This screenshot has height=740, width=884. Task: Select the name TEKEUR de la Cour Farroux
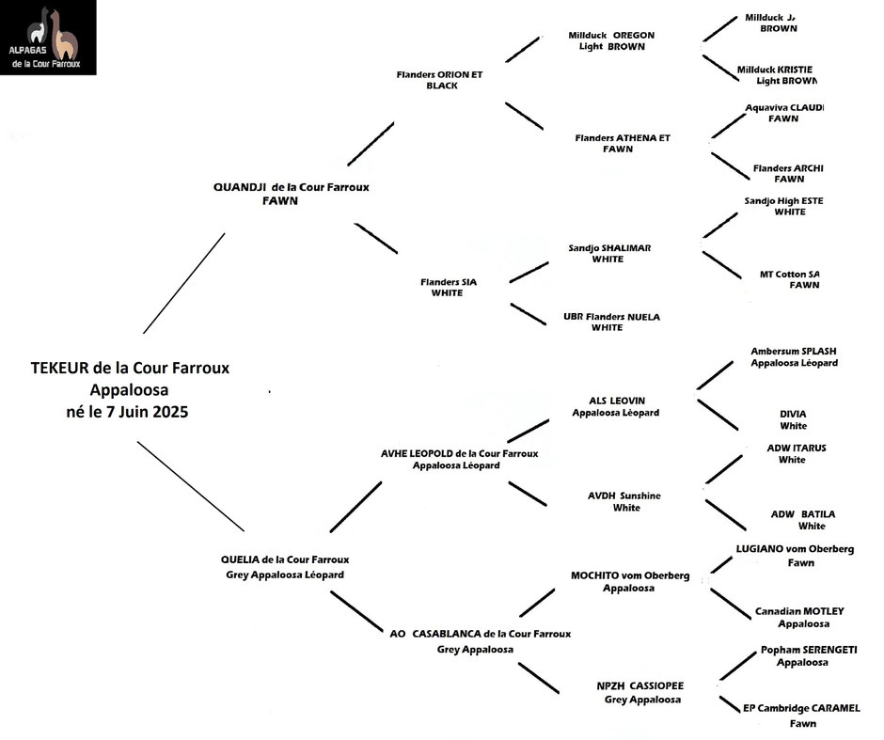pos(130,369)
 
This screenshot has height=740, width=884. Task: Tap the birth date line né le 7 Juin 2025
pos(130,411)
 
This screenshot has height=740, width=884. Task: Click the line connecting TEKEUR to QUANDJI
pos(184,282)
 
